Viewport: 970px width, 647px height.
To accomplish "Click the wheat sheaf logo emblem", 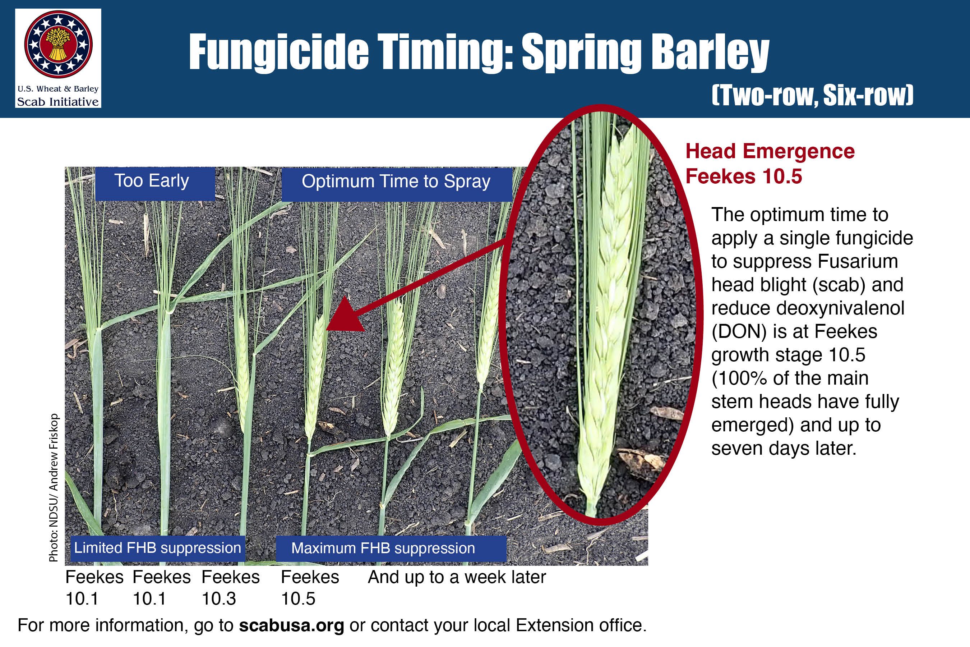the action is (x=58, y=44).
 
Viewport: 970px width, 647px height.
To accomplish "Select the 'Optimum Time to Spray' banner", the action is (x=397, y=184).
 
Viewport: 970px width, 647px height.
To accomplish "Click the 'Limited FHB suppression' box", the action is (x=158, y=549).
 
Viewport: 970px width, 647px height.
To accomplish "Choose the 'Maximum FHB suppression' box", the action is (x=391, y=549).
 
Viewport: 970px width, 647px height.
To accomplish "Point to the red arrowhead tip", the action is (x=326, y=330).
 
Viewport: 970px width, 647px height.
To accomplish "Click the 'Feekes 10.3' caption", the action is (x=231, y=588).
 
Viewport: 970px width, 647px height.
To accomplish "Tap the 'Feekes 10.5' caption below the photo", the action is (x=310, y=588).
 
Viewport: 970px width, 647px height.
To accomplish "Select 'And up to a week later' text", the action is (x=457, y=577).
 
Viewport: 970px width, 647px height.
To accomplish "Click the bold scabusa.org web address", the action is (x=292, y=625).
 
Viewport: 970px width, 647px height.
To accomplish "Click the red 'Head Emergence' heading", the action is (x=770, y=151).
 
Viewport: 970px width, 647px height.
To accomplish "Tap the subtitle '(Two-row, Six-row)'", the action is (x=812, y=95).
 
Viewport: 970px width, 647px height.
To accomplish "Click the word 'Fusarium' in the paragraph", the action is (x=858, y=261).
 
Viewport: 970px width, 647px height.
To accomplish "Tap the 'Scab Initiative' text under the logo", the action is (x=58, y=101).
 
